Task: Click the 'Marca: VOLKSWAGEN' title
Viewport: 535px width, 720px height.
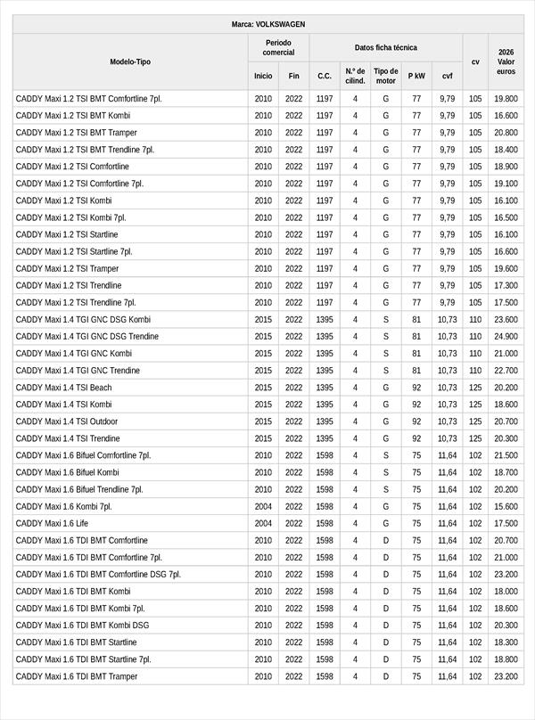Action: coord(267,24)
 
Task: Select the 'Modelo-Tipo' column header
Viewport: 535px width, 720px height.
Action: coord(130,61)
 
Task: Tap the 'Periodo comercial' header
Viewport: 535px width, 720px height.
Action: coord(278,47)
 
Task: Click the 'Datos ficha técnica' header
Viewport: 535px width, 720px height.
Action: coord(385,47)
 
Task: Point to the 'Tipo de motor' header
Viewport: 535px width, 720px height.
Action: coord(386,76)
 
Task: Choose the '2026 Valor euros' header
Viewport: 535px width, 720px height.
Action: coord(506,61)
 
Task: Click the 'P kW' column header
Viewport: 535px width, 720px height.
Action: coord(416,76)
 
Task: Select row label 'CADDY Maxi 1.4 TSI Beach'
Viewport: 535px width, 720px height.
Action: coord(64,388)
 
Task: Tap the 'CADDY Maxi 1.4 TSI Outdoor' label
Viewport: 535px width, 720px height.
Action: coord(67,421)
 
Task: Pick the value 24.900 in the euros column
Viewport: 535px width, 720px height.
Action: coord(506,337)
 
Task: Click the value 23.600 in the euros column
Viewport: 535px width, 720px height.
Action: coord(506,320)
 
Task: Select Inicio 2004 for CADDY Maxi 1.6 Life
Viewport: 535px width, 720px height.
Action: coord(263,523)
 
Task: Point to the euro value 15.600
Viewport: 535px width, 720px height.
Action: coord(506,506)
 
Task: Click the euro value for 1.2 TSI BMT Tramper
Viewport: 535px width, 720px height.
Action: coord(506,133)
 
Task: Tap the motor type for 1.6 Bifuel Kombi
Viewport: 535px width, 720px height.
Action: coord(386,472)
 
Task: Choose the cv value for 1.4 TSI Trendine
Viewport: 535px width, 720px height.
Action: coord(475,438)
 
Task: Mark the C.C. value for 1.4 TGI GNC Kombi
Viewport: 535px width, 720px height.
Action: coord(325,354)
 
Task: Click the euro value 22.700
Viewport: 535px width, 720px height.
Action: coord(506,371)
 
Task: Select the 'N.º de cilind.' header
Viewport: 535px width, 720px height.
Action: coord(355,76)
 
